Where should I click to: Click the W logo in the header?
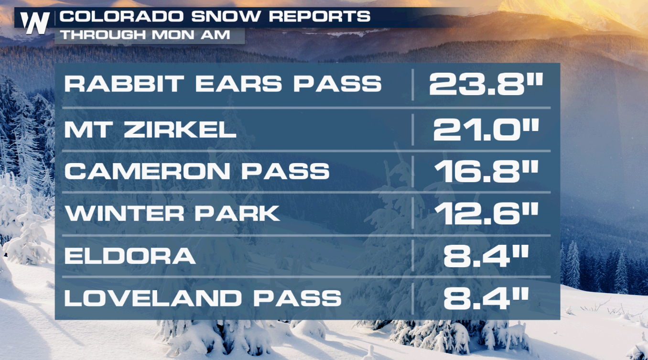(35, 23)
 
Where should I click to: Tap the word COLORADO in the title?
(121, 16)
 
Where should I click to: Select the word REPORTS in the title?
(320, 16)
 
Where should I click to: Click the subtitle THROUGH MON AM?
(145, 35)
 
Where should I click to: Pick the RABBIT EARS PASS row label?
(223, 84)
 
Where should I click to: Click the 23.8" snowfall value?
(486, 84)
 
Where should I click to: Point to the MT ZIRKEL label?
(150, 130)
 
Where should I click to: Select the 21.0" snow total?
(486, 130)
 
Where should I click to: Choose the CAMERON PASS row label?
(197, 171)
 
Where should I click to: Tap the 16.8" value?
(486, 171)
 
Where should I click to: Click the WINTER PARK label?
(173, 213)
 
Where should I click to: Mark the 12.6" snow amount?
(486, 214)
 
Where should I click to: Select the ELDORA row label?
(130, 256)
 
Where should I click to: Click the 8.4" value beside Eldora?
(486, 256)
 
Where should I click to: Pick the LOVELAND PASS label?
(203, 298)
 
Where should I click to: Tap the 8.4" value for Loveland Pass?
(486, 298)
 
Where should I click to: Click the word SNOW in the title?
(226, 16)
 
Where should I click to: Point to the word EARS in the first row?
(238, 84)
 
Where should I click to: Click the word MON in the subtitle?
(173, 35)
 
